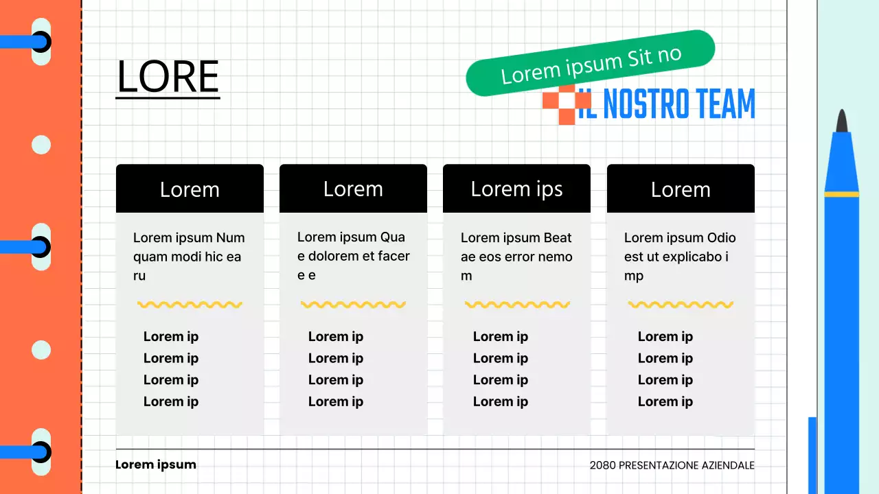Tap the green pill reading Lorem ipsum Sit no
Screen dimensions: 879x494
pos(590,63)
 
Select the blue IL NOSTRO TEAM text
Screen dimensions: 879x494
pos(666,103)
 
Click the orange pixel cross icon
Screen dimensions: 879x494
pos(567,104)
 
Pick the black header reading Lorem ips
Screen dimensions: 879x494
pos(516,189)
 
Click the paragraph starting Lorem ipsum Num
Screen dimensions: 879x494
pos(189,257)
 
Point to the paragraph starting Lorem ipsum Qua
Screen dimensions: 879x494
pos(353,256)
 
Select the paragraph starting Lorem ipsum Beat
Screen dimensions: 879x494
pos(516,257)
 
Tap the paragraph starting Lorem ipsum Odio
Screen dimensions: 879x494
pos(680,257)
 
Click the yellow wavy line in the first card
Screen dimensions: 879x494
pos(190,305)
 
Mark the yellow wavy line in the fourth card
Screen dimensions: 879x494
pos(681,305)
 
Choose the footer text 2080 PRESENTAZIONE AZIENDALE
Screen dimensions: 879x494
pos(672,465)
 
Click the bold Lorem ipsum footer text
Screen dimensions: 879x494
pos(156,464)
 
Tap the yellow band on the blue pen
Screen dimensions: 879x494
pos(842,194)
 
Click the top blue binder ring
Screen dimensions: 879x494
pos(26,42)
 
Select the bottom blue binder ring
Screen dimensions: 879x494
pos(26,452)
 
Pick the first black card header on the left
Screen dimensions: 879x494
pos(190,189)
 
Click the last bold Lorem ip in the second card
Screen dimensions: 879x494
pos(336,402)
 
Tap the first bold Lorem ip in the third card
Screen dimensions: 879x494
pos(501,337)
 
